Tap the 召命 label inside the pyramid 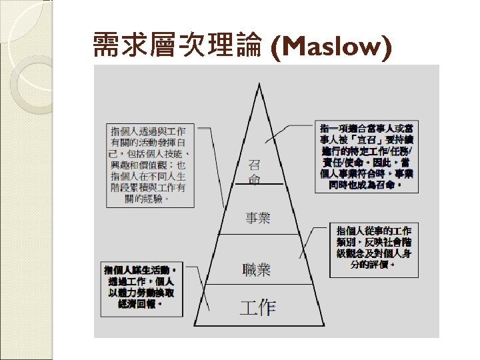[x=255, y=172]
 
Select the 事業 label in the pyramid [x=257, y=218]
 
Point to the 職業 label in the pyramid [x=257, y=269]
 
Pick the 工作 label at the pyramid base [x=257, y=307]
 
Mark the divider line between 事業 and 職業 [x=257, y=234]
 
